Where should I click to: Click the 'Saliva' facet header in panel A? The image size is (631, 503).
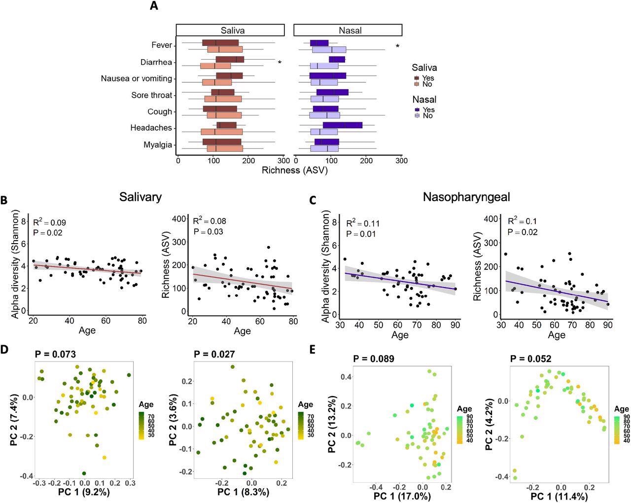[x=230, y=30]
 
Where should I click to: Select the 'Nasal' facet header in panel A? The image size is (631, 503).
[x=348, y=30]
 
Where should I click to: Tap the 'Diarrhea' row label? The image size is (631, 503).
[x=156, y=62]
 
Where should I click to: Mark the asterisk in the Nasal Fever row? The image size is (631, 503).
[x=397, y=47]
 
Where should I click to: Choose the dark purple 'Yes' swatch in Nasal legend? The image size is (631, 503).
[x=417, y=109]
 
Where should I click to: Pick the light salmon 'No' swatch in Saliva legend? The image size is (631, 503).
[x=417, y=84]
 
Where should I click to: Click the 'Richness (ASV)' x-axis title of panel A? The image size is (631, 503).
[x=294, y=170]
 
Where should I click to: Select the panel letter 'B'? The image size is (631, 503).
[x=4, y=201]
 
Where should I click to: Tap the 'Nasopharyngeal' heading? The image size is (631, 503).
[x=466, y=197]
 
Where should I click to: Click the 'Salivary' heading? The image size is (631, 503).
[x=140, y=197]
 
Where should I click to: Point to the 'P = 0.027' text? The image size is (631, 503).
[x=214, y=354]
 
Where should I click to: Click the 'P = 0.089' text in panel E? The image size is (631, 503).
[x=374, y=359]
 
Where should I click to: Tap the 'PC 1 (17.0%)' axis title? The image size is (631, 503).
[x=402, y=496]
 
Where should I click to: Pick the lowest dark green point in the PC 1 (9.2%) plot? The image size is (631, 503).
[x=84, y=473]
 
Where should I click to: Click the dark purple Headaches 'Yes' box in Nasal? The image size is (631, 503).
[x=343, y=125]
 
